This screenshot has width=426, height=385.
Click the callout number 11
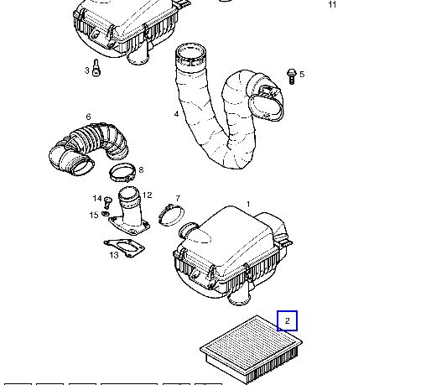332,5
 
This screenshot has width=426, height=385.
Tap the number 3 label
87,70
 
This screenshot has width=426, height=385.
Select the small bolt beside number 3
96,68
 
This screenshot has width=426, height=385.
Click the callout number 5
302,75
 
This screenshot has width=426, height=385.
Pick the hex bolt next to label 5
291,76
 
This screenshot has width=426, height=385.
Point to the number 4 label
176,114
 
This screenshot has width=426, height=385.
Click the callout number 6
89,117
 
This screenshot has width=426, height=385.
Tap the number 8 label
141,169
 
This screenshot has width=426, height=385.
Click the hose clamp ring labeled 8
122,165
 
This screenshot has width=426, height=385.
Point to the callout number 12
147,195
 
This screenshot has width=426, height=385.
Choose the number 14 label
97,198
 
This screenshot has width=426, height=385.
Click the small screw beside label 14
107,202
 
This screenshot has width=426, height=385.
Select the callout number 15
94,215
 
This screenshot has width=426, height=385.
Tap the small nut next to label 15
105,214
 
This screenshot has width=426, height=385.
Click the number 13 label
114,255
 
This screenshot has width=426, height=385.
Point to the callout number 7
178,198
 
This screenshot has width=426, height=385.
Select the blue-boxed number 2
287,320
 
